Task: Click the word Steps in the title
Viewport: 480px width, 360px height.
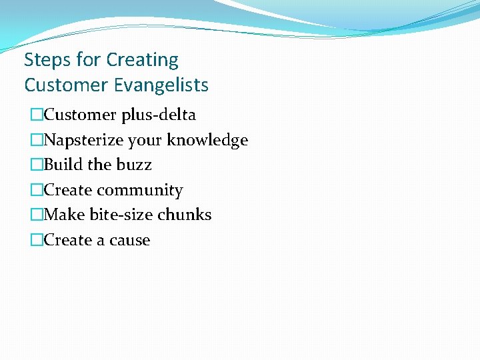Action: click(47, 60)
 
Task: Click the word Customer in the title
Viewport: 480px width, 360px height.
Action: click(65, 85)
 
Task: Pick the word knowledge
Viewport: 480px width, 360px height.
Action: click(207, 140)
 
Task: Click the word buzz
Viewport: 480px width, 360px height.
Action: click(135, 165)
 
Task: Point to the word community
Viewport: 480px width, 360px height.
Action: click(140, 190)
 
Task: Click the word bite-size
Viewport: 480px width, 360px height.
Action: click(121, 215)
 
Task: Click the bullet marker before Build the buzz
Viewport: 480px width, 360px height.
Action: click(36, 165)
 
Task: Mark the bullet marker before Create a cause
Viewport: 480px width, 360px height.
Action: click(36, 240)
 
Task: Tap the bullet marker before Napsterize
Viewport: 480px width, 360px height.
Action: click(36, 140)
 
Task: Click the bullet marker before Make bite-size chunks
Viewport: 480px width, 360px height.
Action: click(36, 215)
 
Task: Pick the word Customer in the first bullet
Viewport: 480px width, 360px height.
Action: click(80, 115)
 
